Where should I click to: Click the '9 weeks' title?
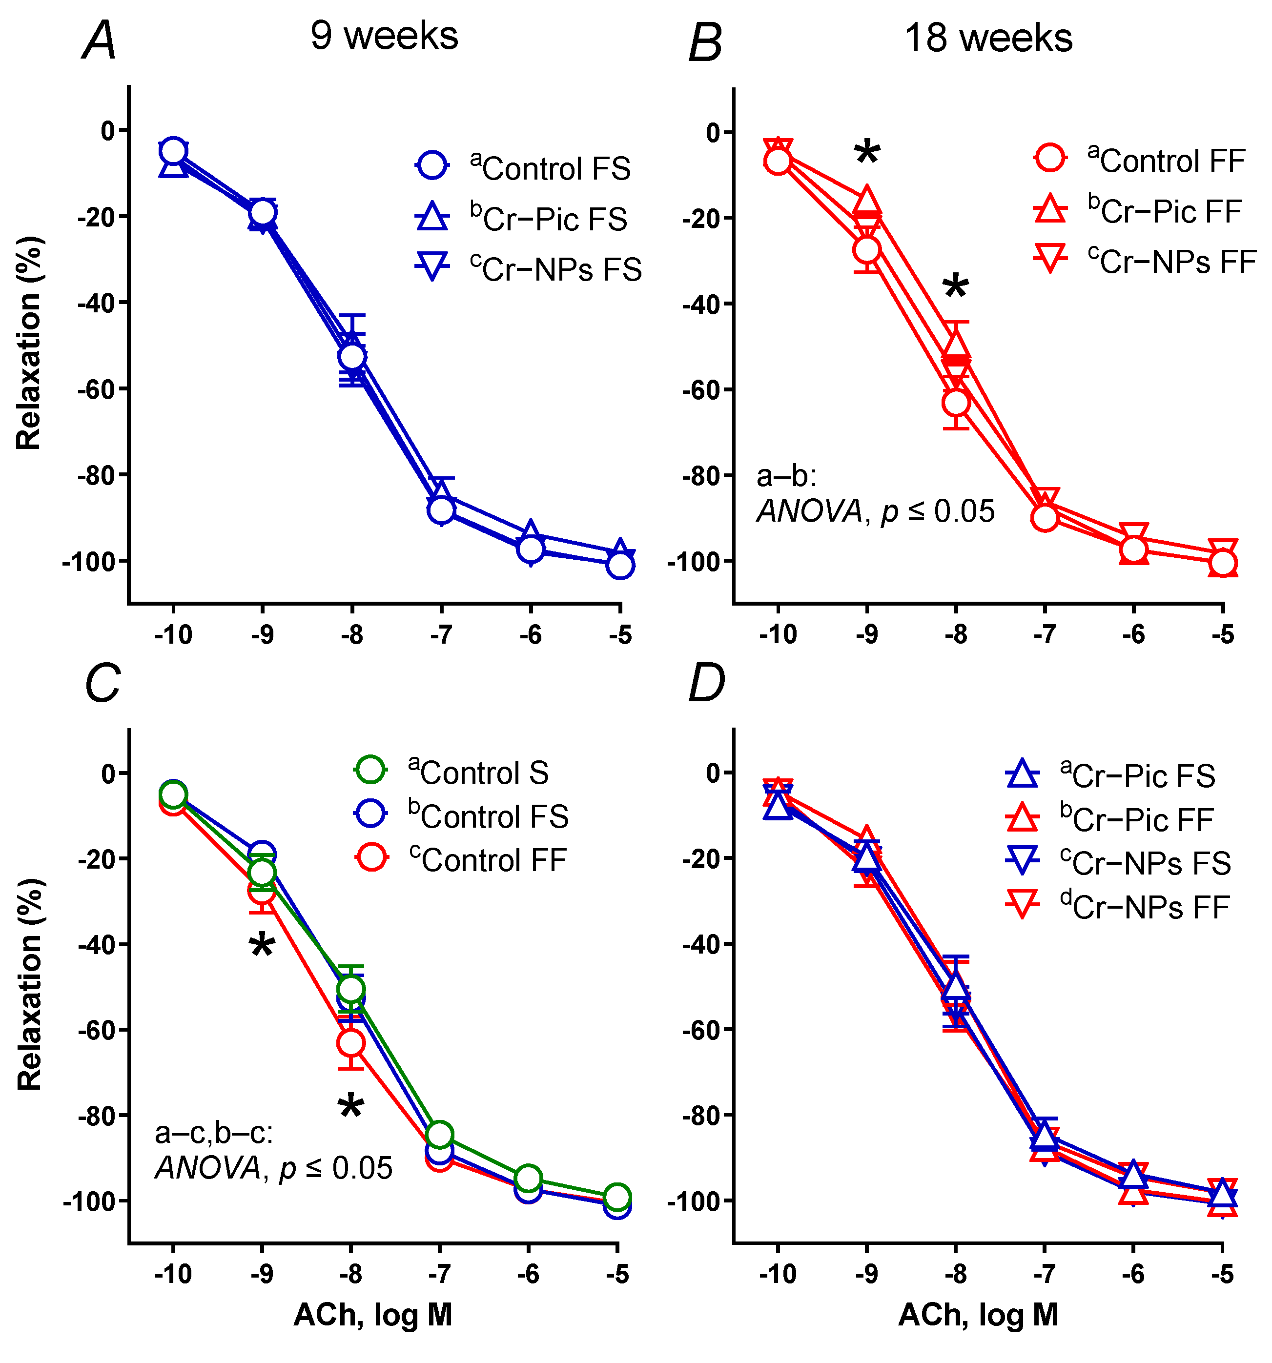pyautogui.click(x=384, y=36)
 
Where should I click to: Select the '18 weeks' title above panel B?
pyautogui.click(x=987, y=39)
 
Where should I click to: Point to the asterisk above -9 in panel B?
pyautogui.click(x=867, y=152)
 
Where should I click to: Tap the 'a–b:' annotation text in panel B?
pyautogui.click(x=786, y=476)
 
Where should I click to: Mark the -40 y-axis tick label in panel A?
pyautogui.click(x=97, y=303)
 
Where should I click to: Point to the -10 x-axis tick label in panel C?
pyautogui.click(x=173, y=1273)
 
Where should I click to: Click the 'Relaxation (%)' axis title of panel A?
pyautogui.click(x=29, y=343)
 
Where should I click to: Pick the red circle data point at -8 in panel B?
pyautogui.click(x=956, y=403)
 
